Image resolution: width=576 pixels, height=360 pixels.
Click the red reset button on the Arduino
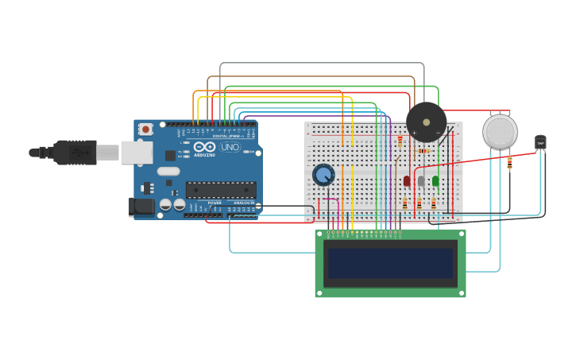click(x=145, y=129)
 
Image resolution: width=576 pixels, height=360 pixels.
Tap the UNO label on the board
click(x=230, y=147)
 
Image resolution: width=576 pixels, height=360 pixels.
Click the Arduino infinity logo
click(x=205, y=147)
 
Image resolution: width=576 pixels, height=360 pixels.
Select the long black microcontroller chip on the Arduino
click(x=221, y=189)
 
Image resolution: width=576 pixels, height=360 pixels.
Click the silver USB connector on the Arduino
click(x=137, y=152)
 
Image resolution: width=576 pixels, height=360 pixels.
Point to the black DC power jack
click(x=141, y=206)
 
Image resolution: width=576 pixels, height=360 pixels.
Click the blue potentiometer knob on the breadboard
click(x=323, y=174)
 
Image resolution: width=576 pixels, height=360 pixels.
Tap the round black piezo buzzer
click(x=427, y=122)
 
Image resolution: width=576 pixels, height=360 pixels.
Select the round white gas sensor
click(x=500, y=131)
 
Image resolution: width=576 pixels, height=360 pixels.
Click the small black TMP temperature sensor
click(x=540, y=142)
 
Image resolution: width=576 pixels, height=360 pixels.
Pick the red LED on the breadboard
click(x=407, y=181)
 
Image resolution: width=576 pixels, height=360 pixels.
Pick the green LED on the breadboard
click(x=435, y=181)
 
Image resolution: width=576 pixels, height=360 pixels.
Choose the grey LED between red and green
click(x=421, y=181)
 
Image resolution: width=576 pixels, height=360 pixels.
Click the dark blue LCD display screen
click(x=390, y=263)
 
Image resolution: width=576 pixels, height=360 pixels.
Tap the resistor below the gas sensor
click(x=509, y=163)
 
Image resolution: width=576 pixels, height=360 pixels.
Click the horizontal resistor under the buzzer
click(x=423, y=150)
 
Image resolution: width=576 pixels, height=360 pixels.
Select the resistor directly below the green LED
click(x=434, y=204)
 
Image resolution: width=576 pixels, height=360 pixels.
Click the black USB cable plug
click(x=75, y=152)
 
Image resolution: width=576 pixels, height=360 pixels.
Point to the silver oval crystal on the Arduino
click(x=168, y=171)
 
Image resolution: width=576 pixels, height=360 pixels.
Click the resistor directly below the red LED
click(x=405, y=204)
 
